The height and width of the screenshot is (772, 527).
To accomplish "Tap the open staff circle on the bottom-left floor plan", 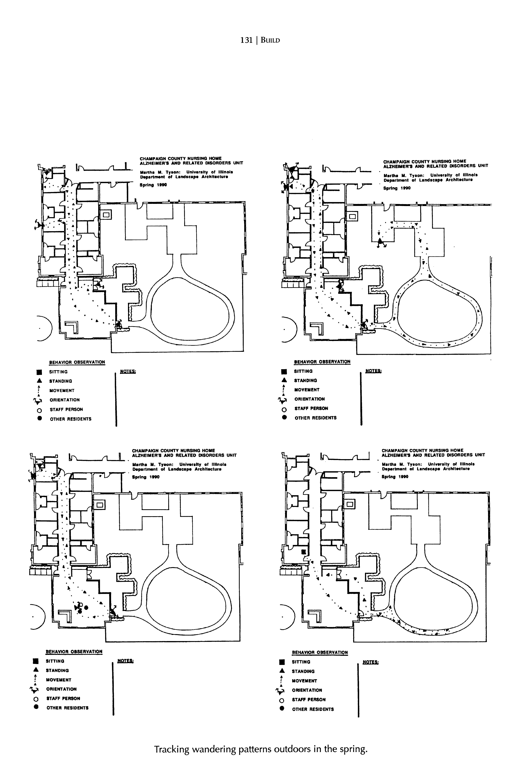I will click(x=80, y=604).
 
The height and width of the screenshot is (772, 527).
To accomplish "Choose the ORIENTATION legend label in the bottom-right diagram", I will click(x=307, y=690).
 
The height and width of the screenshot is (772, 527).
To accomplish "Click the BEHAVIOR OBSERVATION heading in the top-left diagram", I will click(x=77, y=362).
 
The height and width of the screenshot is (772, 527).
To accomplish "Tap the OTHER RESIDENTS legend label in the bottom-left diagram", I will click(x=67, y=708).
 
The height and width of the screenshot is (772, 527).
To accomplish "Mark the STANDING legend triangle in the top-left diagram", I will click(x=39, y=381).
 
